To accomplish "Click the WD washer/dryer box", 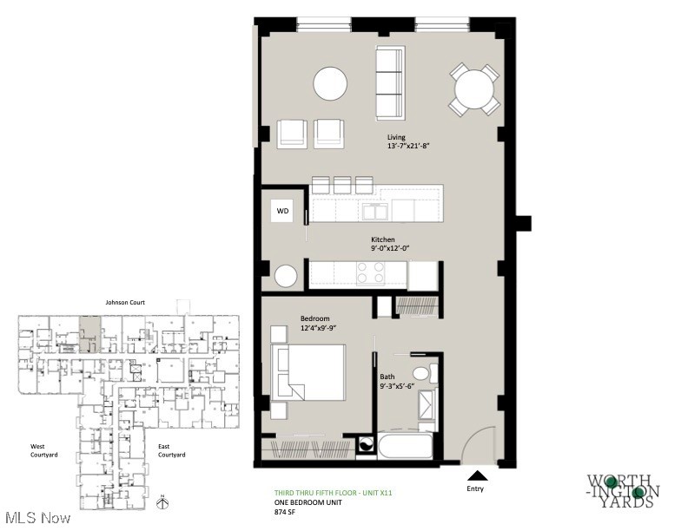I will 282,211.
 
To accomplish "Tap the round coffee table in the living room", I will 331,84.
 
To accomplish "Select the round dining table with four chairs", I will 474,88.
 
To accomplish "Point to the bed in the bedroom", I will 309,372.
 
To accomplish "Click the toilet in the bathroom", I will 422,374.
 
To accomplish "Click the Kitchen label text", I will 383,239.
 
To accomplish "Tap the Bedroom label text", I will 315,318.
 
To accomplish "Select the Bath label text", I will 387,377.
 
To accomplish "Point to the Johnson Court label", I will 125,302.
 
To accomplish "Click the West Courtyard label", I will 45,450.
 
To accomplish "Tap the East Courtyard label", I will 170,450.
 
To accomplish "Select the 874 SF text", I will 287,512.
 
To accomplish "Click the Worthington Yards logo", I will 623,490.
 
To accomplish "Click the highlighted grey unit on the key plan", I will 89,332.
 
